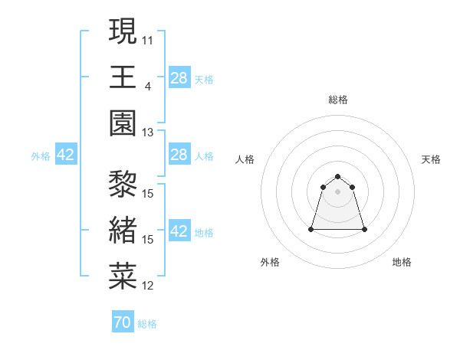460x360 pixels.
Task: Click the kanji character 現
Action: click(x=123, y=32)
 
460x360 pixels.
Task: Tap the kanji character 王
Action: click(x=123, y=77)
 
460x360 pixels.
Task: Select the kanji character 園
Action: click(x=123, y=123)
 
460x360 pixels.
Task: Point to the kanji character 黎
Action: click(x=123, y=185)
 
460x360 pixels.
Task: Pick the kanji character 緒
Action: click(x=123, y=230)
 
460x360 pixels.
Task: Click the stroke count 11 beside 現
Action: click(x=148, y=40)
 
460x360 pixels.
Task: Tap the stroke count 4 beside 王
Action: click(x=147, y=86)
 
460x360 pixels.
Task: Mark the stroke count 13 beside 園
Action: click(x=148, y=132)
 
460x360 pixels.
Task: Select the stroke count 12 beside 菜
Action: click(x=148, y=286)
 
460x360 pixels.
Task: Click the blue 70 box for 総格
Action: click(x=123, y=322)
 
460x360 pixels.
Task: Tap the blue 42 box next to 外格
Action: click(x=66, y=155)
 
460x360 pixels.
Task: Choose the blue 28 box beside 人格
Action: click(x=179, y=155)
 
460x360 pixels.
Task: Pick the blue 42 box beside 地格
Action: click(x=179, y=232)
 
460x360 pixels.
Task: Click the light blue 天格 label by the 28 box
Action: click(x=203, y=79)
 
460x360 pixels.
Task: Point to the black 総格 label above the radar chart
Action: click(x=337, y=100)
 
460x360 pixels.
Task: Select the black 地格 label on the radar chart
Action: click(x=402, y=262)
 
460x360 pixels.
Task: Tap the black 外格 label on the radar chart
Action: click(x=270, y=262)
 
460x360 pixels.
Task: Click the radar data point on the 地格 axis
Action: click(x=363, y=229)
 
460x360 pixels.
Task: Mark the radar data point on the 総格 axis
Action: click(x=337, y=177)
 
